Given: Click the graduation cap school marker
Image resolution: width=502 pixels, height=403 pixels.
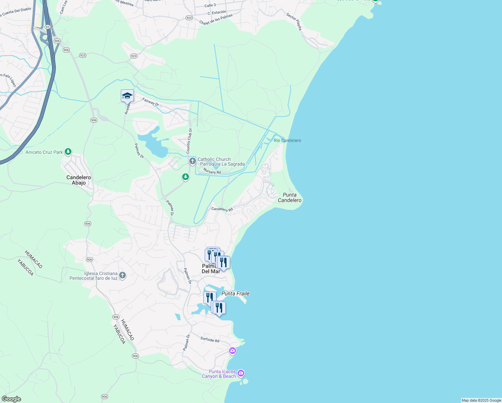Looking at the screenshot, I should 127,96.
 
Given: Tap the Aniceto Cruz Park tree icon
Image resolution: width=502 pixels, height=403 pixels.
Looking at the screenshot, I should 68,152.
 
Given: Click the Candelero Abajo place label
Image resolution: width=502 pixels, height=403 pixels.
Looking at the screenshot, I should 79,180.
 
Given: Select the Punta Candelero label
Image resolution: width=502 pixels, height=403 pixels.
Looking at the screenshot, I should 290,197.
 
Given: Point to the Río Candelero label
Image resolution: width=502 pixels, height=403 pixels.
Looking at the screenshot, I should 287,140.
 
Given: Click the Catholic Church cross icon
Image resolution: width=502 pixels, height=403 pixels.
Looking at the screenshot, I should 192,161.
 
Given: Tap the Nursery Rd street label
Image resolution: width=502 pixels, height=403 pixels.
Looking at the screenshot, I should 212,171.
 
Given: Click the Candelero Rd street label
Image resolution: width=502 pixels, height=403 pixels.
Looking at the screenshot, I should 222,209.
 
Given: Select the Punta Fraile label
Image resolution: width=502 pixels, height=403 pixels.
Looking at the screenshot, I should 236,294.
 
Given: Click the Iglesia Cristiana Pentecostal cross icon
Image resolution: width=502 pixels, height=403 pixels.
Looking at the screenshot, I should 122,276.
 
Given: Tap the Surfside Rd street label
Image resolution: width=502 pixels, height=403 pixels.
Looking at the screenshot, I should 210,340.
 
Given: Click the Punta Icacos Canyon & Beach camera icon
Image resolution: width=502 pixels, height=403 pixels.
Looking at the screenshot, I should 241,373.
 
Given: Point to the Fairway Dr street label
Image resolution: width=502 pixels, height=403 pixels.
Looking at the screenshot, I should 150,102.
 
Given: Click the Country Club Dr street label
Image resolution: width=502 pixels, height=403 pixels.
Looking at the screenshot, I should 189,141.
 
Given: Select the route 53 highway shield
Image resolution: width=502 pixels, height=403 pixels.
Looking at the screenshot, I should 47,27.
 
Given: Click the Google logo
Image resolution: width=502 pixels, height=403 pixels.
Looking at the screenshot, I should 11,399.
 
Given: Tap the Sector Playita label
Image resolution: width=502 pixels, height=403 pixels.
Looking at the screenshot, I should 294,21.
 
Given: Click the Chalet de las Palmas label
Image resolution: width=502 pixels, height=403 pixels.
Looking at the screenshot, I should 216,19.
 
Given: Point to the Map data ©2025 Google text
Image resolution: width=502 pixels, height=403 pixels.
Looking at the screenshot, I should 481,400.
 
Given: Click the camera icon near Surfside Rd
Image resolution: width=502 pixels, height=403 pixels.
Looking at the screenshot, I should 232,351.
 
